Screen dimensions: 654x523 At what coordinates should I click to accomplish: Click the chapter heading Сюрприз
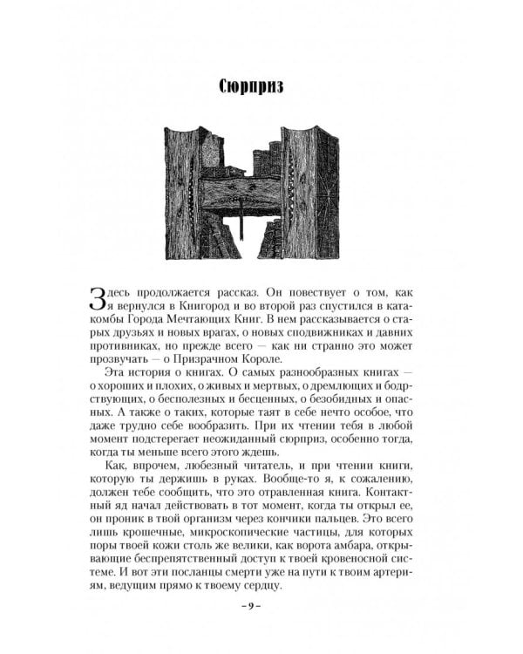click(x=260, y=87)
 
